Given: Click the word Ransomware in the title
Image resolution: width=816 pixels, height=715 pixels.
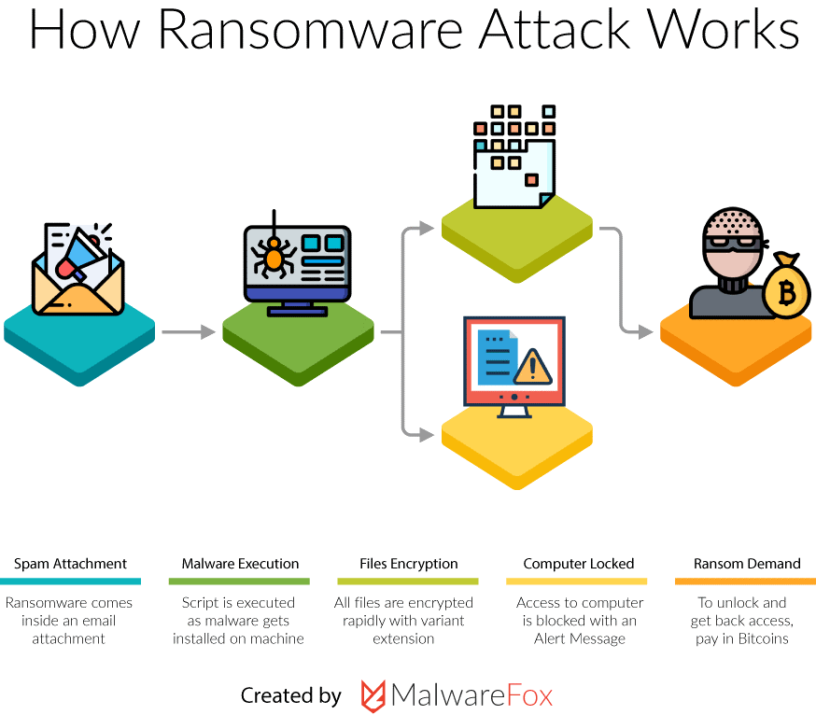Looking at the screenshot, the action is pyautogui.click(x=310, y=29).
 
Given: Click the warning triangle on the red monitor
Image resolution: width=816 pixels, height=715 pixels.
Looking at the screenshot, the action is pyautogui.click(x=532, y=367).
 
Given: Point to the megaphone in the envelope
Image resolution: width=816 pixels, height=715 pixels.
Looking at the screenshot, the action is pyautogui.click(x=80, y=254).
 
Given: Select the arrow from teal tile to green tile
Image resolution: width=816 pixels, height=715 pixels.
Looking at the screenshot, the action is pyautogui.click(x=189, y=331).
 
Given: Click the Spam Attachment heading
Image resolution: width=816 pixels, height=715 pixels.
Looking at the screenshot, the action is pyautogui.click(x=70, y=564).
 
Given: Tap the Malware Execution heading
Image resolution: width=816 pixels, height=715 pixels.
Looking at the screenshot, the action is pyautogui.click(x=240, y=564).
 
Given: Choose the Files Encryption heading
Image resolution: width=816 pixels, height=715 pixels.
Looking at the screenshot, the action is pyautogui.click(x=409, y=564).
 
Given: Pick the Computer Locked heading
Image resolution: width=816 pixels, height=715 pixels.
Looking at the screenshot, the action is pyautogui.click(x=579, y=564).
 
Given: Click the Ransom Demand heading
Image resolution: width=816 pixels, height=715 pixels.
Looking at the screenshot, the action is pyautogui.click(x=747, y=564).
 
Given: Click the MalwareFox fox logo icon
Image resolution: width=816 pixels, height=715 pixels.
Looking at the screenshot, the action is pyautogui.click(x=373, y=695).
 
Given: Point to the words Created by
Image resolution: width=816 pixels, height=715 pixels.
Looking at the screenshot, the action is pyautogui.click(x=291, y=695).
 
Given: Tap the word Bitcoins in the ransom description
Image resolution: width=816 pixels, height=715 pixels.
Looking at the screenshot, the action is pyautogui.click(x=763, y=638).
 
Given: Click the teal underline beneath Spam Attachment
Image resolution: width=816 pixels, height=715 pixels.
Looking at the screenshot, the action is pyautogui.click(x=70, y=582).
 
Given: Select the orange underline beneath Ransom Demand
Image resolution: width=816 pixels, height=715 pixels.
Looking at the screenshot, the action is pyautogui.click(x=745, y=582).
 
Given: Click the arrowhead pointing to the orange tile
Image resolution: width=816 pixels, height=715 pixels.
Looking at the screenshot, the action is pyautogui.click(x=646, y=331).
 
